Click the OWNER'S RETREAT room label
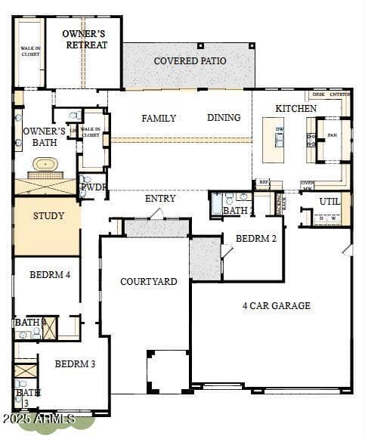[84, 39]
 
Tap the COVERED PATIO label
[189, 61]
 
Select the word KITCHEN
[295, 109]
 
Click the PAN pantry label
[332, 135]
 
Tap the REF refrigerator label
[264, 182]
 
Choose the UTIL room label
[329, 202]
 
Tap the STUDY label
[48, 216]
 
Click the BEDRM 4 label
[50, 275]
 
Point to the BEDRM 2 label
[256, 238]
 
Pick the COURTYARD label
[149, 282]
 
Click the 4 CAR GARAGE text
[276, 306]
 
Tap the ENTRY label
[160, 199]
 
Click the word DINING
[224, 118]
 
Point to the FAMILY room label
[159, 119]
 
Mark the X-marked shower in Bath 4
[49, 328]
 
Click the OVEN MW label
[308, 185]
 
